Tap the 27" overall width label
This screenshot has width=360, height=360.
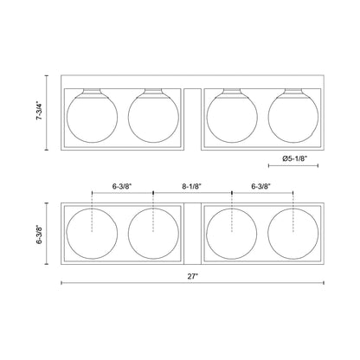(192, 275)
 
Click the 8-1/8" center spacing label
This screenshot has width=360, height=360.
(192, 184)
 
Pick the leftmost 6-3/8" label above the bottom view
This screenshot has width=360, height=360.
(122, 184)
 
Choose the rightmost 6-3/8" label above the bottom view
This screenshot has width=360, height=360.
(263, 184)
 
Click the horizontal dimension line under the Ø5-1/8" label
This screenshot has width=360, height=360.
(295, 166)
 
